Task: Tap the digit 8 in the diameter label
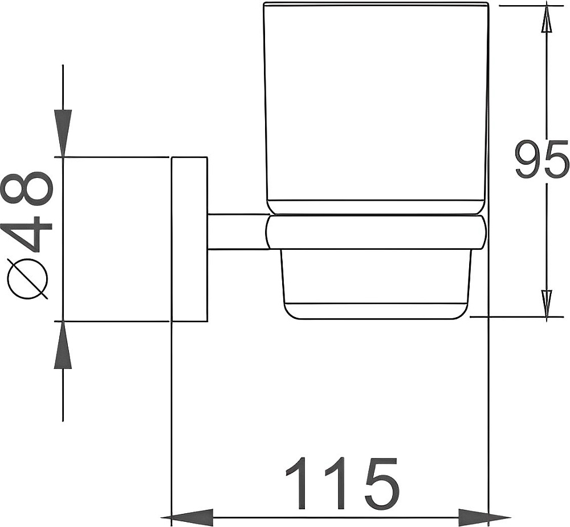[x=28, y=187]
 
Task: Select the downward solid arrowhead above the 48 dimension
[x=63, y=133]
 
